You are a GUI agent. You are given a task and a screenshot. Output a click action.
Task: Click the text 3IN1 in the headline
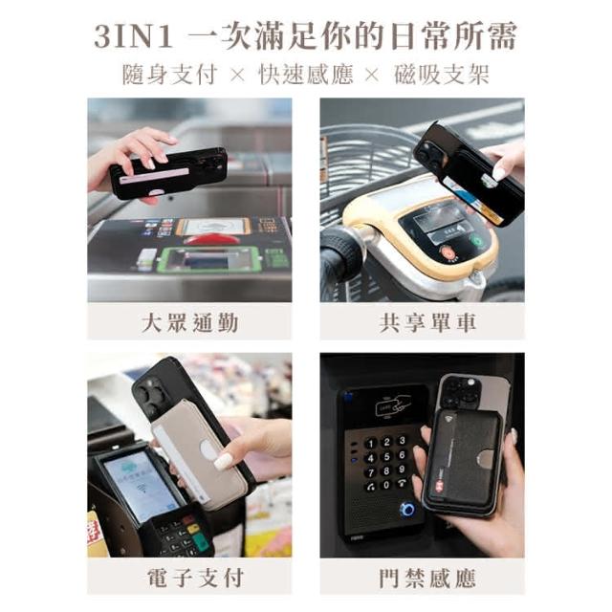[x=134, y=36]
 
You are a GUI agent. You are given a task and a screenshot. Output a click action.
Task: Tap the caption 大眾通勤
[x=189, y=323]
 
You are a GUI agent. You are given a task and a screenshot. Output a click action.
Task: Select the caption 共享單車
[x=427, y=323]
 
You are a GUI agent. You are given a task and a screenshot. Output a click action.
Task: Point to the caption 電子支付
[x=195, y=578]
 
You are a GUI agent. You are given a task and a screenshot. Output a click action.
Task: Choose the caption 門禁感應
[x=427, y=578]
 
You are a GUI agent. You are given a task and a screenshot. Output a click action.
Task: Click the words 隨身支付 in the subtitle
[x=170, y=75]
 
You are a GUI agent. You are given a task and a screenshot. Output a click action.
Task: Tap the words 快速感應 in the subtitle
[x=306, y=75]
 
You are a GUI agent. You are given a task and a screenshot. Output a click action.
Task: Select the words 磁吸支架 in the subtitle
[x=442, y=75]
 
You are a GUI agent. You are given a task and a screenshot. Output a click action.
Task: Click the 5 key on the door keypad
[x=386, y=456]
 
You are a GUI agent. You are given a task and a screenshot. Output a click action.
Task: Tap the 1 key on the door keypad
[x=371, y=444]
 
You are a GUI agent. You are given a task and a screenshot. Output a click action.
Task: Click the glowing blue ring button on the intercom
[x=408, y=509]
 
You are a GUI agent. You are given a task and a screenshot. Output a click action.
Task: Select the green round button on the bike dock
[x=477, y=240]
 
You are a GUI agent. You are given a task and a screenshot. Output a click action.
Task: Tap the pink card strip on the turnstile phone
[x=155, y=176]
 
